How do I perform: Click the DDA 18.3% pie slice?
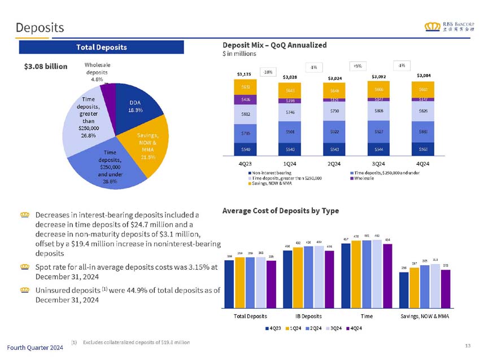coord(134,107)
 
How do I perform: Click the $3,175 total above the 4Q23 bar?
coord(244,73)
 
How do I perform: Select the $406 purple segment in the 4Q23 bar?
coord(246,99)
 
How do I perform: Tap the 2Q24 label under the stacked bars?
coord(334,164)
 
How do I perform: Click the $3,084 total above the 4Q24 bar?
coord(425,74)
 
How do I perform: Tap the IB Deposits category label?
coord(307,316)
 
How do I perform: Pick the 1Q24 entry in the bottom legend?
coord(296,328)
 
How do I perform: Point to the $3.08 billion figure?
coord(46,66)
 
